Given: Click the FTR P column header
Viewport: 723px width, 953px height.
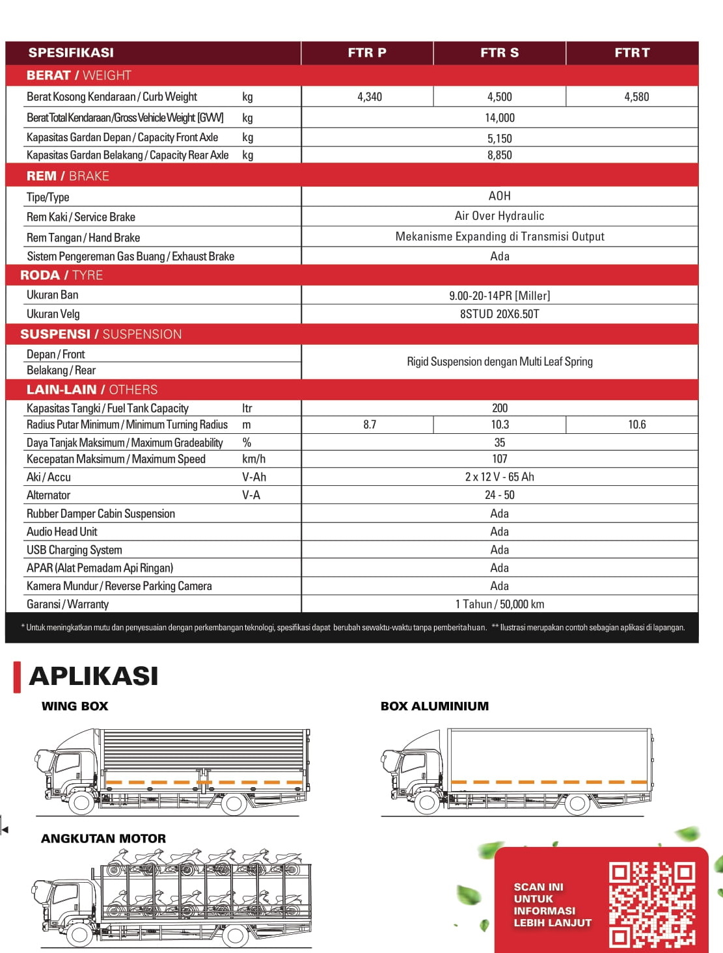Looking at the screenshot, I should pyautogui.click(x=367, y=53).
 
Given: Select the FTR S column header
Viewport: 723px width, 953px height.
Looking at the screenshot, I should pyautogui.click(x=499, y=53).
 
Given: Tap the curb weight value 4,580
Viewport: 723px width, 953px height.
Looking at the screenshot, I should pyautogui.click(x=636, y=97).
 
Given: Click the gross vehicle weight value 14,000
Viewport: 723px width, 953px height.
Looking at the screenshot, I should pyautogui.click(x=499, y=118).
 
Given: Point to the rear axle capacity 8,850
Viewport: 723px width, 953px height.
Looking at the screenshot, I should pyautogui.click(x=499, y=155).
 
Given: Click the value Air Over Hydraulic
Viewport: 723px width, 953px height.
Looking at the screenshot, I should pyautogui.click(x=499, y=216).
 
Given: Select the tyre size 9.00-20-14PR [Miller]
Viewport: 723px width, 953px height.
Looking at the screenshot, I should pyautogui.click(x=499, y=295).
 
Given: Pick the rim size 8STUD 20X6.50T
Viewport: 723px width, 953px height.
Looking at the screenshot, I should pyautogui.click(x=499, y=314).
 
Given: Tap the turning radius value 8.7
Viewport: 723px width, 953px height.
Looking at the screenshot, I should pyautogui.click(x=370, y=425).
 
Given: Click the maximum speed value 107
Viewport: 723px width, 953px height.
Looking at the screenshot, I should pyautogui.click(x=499, y=459).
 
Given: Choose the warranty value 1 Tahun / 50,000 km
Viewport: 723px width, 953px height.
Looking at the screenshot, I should pyautogui.click(x=499, y=604).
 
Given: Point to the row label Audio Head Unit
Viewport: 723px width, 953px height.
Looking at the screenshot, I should pyautogui.click(x=62, y=531).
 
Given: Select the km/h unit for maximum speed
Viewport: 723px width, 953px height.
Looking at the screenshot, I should pyautogui.click(x=254, y=459).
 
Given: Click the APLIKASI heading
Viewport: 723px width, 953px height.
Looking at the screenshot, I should pyautogui.click(x=94, y=676).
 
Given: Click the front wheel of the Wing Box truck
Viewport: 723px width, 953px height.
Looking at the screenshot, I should pyautogui.click(x=82, y=803).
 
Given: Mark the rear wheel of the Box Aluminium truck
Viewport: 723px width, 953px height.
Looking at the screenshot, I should pyautogui.click(x=577, y=804).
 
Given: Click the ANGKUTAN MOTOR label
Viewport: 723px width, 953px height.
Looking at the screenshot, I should pyautogui.click(x=103, y=839).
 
